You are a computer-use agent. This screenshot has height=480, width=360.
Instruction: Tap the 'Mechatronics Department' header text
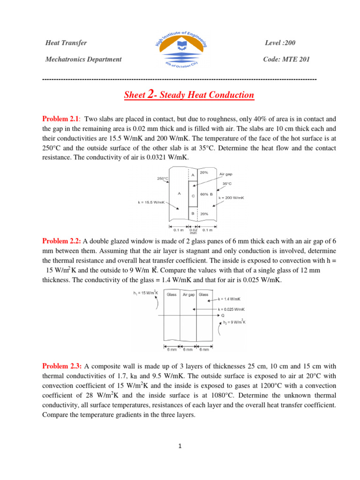click(83, 59)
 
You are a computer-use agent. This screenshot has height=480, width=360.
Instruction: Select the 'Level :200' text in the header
click(280, 43)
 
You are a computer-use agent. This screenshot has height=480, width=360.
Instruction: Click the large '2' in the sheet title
click(150, 95)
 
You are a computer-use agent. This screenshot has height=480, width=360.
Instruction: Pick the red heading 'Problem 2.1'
click(61, 120)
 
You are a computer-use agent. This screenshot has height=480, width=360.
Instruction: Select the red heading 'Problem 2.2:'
click(62, 241)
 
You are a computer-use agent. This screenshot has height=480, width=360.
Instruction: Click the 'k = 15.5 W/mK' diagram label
click(151, 202)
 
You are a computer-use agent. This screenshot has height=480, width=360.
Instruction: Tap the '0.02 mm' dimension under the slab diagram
click(193, 231)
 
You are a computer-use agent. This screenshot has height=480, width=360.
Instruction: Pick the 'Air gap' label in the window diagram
click(188, 295)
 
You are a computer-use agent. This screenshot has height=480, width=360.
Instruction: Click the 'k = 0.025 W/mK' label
click(231, 309)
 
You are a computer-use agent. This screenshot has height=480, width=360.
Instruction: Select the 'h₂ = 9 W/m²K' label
click(232, 322)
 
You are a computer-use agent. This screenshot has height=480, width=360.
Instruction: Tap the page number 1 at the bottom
click(180, 446)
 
